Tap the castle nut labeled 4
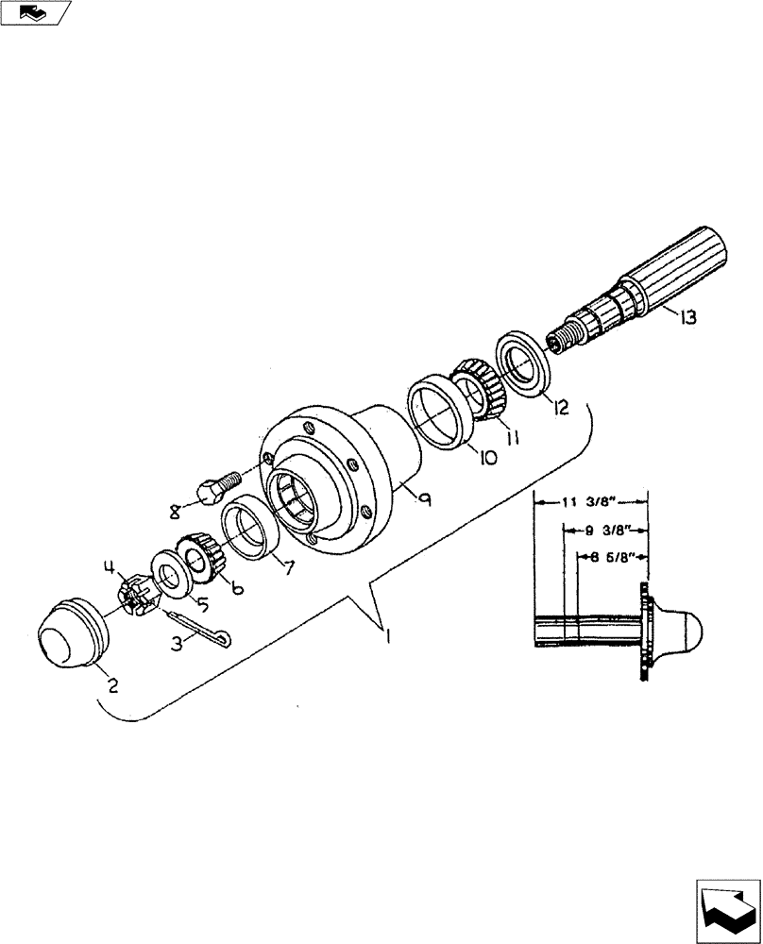click(x=133, y=595)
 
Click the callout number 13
click(x=687, y=318)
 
